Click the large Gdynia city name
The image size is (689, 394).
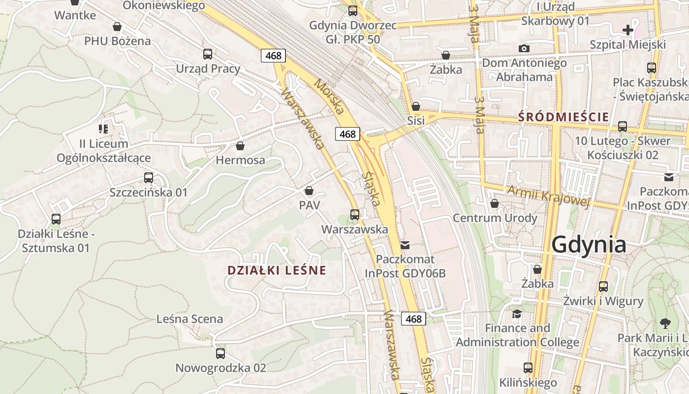589,244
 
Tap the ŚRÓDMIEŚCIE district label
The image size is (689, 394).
564,117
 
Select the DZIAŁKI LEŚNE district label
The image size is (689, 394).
277,270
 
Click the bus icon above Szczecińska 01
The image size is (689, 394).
149,178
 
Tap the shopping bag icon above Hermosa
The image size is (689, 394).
240,146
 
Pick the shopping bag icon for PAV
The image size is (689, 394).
309,191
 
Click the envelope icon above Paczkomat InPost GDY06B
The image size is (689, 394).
405,245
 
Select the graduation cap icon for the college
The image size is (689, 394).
517,314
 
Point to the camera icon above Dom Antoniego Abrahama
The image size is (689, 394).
524,48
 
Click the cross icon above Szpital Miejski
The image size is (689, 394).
628,30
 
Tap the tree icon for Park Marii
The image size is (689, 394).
665,324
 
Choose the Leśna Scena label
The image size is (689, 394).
189,319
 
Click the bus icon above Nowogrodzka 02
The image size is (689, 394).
220,353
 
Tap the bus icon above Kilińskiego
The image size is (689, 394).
528,367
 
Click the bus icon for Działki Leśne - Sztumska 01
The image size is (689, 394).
56,219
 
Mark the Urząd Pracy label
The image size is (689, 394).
208,68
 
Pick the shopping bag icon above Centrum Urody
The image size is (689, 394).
495,203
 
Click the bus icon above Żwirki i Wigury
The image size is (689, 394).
603,286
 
